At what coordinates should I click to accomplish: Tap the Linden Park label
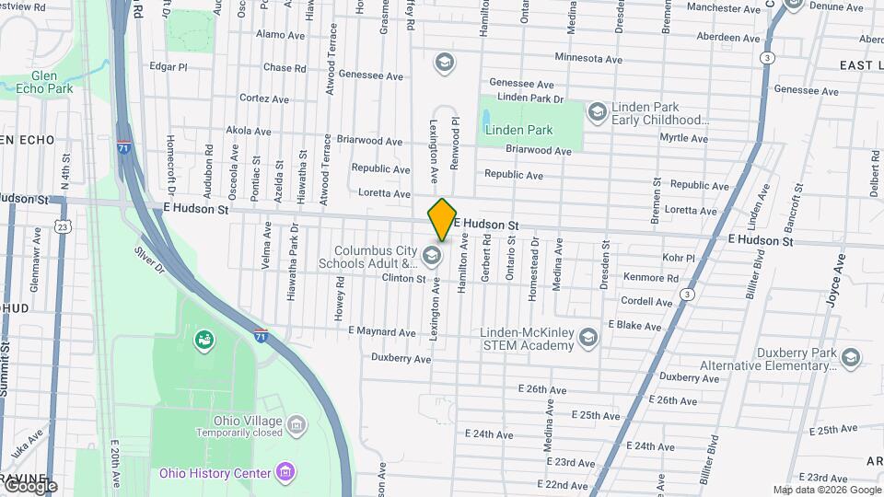(519, 130)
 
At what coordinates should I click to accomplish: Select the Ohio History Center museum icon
(285, 473)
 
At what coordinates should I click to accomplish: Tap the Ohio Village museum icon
(297, 424)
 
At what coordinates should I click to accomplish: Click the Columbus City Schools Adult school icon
(432, 255)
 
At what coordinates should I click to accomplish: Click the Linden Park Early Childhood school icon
(597, 112)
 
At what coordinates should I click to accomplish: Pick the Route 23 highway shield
(62, 226)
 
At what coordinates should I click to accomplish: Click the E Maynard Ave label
(384, 331)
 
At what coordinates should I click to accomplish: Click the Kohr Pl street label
(678, 258)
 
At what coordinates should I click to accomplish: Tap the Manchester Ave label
(726, 8)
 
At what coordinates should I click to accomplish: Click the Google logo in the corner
(29, 486)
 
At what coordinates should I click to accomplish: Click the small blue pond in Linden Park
(485, 118)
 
